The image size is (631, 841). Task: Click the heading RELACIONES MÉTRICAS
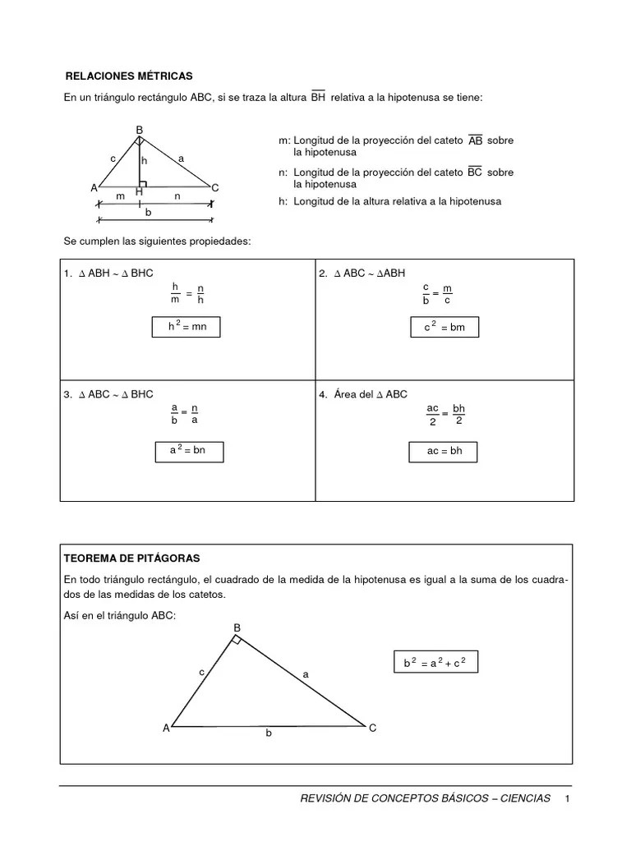tap(128, 76)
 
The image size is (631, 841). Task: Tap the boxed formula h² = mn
tap(186, 327)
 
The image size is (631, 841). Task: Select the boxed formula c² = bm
tap(444, 328)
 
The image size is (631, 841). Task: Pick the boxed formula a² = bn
tap(189, 451)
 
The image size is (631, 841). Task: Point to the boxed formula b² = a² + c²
tap(435, 662)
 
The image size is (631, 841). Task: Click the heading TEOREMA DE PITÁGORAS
tap(131, 558)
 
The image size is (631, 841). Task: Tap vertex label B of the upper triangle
tap(139, 130)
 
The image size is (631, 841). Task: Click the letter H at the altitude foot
tap(139, 191)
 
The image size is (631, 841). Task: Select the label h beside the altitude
tap(144, 161)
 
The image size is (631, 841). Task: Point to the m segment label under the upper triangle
tap(120, 197)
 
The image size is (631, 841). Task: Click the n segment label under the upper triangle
tap(177, 197)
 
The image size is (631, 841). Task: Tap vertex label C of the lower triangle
tap(372, 728)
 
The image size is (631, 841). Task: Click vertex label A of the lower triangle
tap(165, 728)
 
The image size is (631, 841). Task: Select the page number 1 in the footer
tap(567, 799)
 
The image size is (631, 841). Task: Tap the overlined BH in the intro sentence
tap(318, 98)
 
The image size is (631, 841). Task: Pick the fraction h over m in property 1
tap(174, 292)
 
